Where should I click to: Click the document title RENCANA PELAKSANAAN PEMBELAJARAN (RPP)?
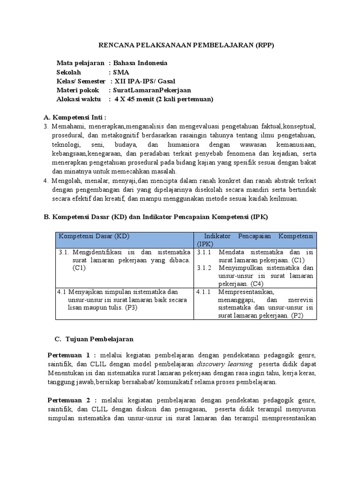(186, 45)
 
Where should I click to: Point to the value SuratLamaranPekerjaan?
(152, 90)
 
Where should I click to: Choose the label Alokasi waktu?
(79, 99)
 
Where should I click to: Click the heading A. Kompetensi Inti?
(75, 117)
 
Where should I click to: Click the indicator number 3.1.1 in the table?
(204, 252)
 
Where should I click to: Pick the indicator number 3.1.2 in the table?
(204, 268)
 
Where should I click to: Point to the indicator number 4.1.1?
(204, 292)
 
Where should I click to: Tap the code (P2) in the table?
(296, 316)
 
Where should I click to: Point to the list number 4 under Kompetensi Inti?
(45, 181)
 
